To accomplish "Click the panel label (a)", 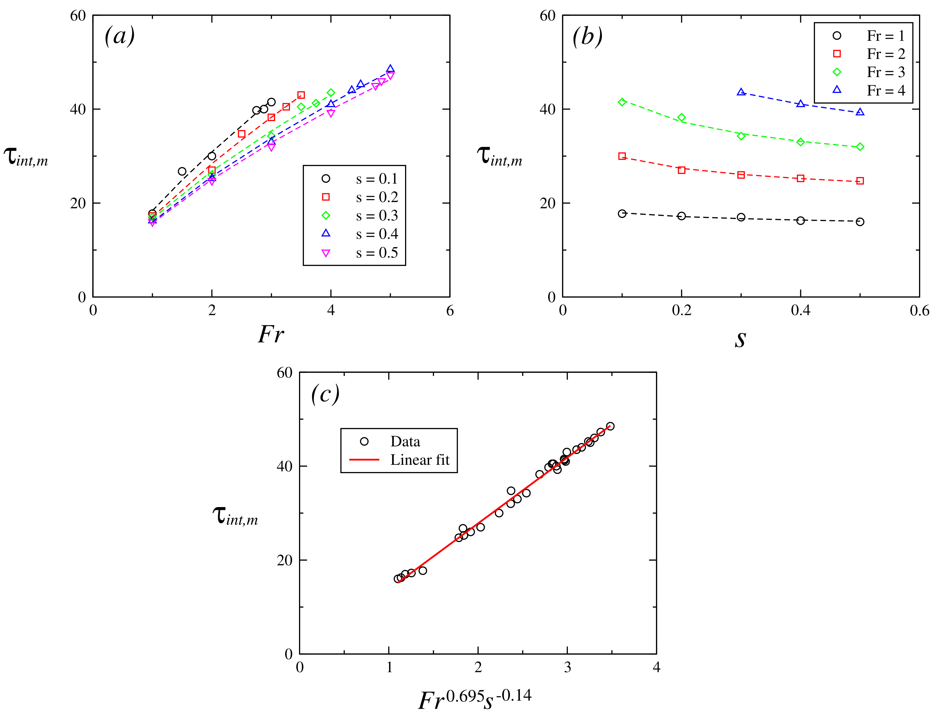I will pyautogui.click(x=120, y=36).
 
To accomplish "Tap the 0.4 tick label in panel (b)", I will pyautogui.click(x=800, y=311).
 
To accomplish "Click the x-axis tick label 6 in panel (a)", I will pyautogui.click(x=449, y=311).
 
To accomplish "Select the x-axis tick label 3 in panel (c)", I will pyautogui.click(x=567, y=668).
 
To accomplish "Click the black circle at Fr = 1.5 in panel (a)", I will pyautogui.click(x=182, y=171).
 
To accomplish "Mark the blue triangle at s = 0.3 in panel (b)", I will pyautogui.click(x=741, y=92).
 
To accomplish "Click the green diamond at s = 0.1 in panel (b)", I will pyautogui.click(x=622, y=102).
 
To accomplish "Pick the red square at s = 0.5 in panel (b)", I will pyautogui.click(x=860, y=181).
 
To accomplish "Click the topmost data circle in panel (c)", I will pyautogui.click(x=610, y=426).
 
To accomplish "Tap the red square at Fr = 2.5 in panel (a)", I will pyautogui.click(x=241, y=134).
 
